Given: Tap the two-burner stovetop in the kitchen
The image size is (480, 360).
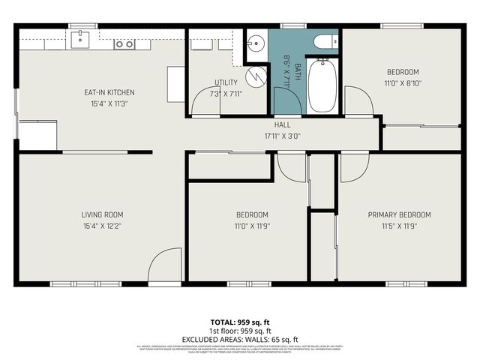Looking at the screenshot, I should [x=124, y=44].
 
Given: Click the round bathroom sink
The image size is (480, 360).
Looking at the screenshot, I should [x=256, y=44].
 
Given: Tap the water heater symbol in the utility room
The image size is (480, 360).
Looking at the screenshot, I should [x=257, y=76].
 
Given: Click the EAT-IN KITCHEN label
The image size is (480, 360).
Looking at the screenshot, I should [x=109, y=93].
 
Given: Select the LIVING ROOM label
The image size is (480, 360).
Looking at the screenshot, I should [x=102, y=214].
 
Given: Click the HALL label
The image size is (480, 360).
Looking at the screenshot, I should [x=282, y=125].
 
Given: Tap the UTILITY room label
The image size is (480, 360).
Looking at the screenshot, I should [x=226, y=82].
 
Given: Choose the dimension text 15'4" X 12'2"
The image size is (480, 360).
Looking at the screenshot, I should [x=102, y=225].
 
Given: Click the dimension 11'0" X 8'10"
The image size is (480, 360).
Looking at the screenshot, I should [x=402, y=83].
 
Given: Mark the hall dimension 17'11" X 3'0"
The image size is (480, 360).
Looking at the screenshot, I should [x=282, y=136].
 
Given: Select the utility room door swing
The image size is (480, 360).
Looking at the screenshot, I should [x=205, y=103].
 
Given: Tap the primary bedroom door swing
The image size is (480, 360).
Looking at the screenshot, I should [x=353, y=168].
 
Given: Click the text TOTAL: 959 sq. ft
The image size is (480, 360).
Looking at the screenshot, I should [x=239, y=322].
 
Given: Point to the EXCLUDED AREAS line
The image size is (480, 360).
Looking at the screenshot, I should [x=239, y=339].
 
